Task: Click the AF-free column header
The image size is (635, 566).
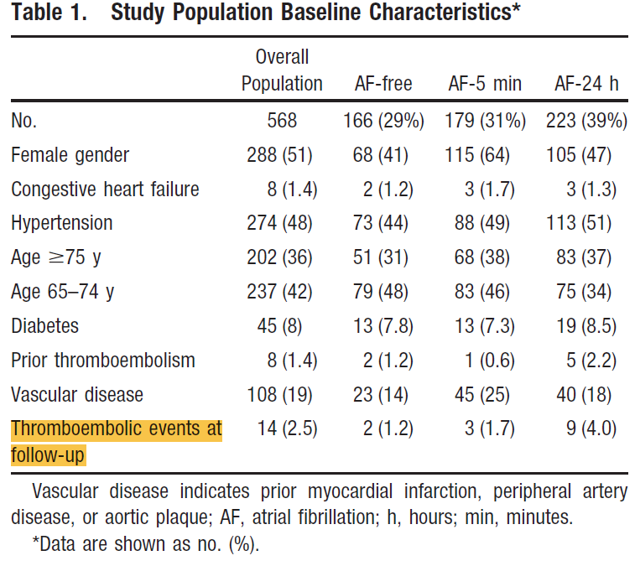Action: (x=383, y=84)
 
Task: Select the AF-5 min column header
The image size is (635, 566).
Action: (x=485, y=84)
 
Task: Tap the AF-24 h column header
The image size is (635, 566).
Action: (x=586, y=84)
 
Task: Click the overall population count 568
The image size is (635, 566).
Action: (x=282, y=121)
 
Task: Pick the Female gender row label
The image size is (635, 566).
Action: (x=70, y=155)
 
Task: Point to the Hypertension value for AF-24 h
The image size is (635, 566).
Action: (x=579, y=223)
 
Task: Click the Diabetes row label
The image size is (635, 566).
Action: (x=45, y=326)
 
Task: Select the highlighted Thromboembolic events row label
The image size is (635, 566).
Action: (x=117, y=442)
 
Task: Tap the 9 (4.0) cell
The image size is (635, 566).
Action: (x=591, y=428)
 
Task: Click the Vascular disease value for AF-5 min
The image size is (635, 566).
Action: (x=482, y=394)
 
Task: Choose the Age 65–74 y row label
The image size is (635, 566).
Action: (x=63, y=292)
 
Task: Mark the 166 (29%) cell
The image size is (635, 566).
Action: (x=383, y=121)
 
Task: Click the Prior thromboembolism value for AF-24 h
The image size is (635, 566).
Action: (x=591, y=361)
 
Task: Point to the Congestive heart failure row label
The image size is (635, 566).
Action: (x=106, y=189)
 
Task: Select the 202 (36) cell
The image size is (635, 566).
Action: (x=279, y=257)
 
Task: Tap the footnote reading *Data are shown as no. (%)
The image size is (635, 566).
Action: (x=146, y=544)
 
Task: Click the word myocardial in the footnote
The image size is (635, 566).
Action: (x=350, y=491)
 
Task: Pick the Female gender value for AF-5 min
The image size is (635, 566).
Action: (x=477, y=155)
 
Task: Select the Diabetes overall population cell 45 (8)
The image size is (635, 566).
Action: (x=279, y=326)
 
